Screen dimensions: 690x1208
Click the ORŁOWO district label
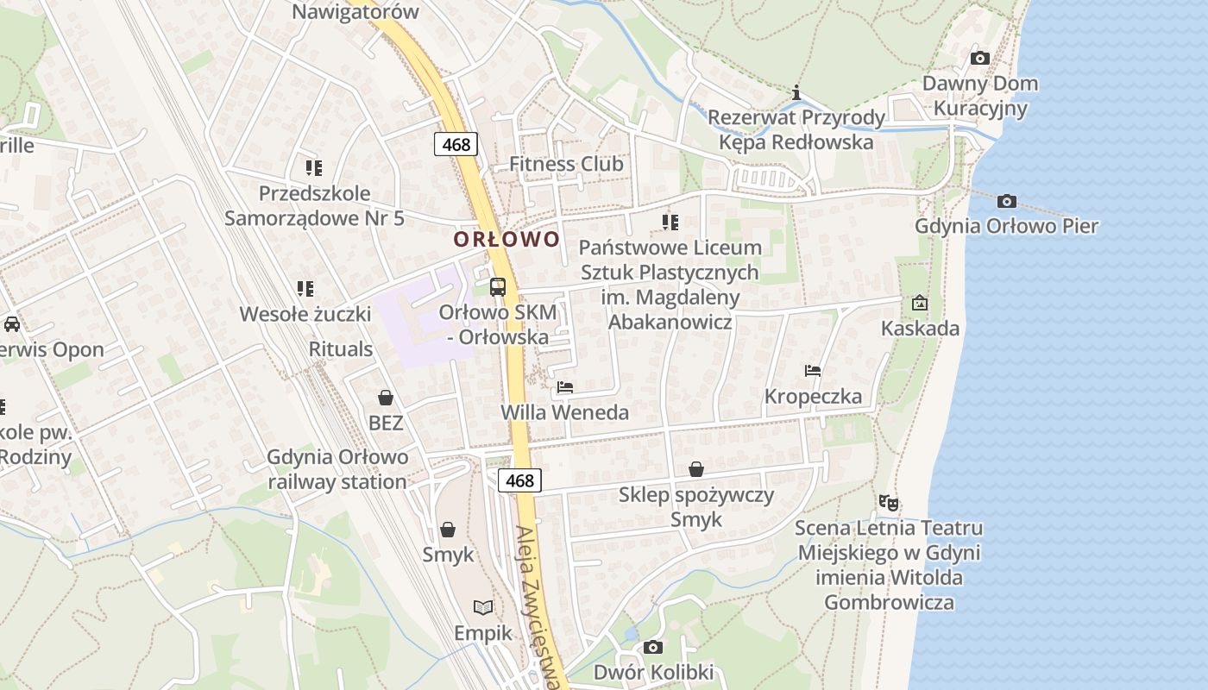click(x=507, y=239)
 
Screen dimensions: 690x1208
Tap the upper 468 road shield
click(x=456, y=144)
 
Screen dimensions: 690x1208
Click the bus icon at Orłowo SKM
click(x=498, y=287)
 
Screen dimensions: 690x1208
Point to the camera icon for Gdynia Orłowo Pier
click(x=1006, y=201)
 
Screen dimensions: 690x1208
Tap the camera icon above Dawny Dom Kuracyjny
click(x=979, y=58)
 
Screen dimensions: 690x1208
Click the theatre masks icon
click(x=888, y=501)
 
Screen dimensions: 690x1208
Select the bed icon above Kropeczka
click(x=813, y=371)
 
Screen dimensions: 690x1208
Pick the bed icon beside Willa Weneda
click(x=565, y=387)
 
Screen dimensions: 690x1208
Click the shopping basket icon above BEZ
click(x=386, y=398)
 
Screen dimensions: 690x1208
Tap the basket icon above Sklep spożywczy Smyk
click(x=696, y=469)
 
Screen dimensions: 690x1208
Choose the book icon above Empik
click(x=483, y=608)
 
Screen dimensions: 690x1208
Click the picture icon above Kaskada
click(x=920, y=303)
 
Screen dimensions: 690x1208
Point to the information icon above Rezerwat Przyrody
click(x=796, y=92)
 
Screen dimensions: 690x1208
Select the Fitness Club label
click(x=566, y=164)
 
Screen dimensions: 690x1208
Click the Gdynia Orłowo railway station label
click(x=337, y=469)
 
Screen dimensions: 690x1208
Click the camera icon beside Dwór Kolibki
click(x=653, y=647)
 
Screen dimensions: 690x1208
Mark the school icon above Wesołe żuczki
click(x=305, y=288)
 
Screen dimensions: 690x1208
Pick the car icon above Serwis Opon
click(x=11, y=324)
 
